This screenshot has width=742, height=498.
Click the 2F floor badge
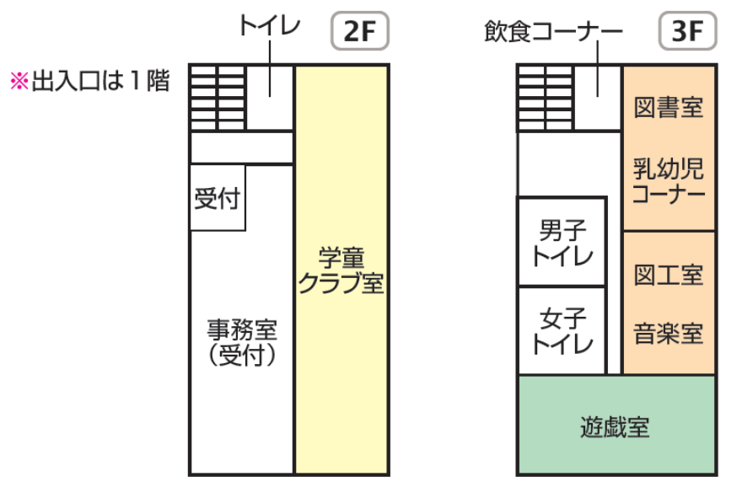360,33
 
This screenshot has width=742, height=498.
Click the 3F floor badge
687,33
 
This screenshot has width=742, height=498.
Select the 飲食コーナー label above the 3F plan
553,33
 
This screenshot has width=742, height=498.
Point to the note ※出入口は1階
90,82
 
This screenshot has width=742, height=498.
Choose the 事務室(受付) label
242,341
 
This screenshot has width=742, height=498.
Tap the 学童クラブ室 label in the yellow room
341,270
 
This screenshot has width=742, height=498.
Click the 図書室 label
669,108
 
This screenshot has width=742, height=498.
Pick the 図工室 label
669,275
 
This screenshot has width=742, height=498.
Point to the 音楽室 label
669,334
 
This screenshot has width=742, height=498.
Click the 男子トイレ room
562,242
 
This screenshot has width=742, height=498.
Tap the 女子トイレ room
562,331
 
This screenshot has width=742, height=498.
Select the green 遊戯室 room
616,426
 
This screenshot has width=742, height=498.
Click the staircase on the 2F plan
217,98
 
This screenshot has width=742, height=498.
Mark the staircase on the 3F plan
545,98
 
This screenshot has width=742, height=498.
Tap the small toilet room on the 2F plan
270,98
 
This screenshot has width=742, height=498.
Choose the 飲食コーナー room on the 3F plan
598,98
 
